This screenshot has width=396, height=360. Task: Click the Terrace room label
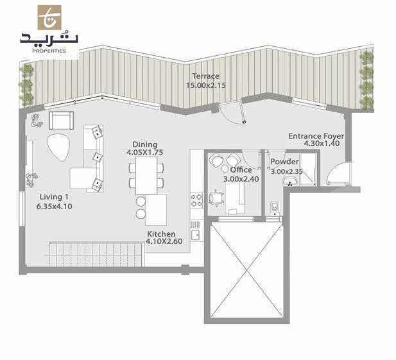pos(205,76)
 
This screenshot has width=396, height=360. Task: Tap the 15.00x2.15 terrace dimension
pos(206,85)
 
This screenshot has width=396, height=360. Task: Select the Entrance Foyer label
pos(316,136)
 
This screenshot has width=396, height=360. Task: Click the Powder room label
pos(284,162)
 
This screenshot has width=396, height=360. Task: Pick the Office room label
pos(241,170)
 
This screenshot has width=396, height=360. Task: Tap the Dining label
pos(144,145)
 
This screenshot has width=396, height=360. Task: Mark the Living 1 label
pos(53,196)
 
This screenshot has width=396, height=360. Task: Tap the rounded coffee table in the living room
pos(58,147)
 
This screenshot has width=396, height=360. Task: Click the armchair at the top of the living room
pos(60,121)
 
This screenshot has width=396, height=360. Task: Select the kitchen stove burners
pos(196,200)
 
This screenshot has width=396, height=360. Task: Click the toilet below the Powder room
pos(275,207)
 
